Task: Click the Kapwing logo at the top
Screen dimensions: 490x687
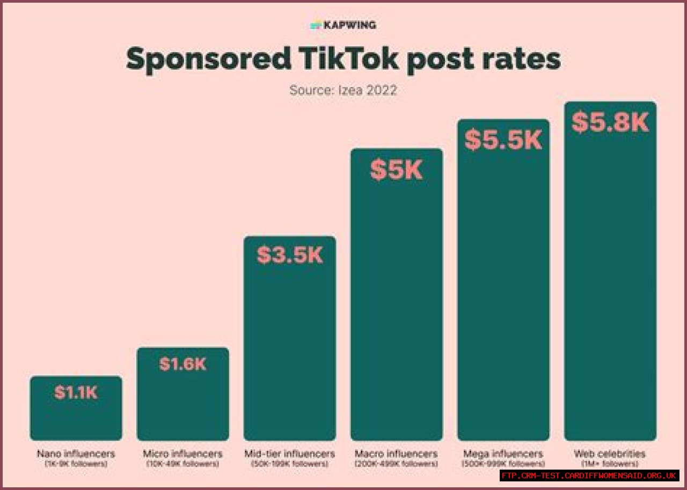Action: pos(343,25)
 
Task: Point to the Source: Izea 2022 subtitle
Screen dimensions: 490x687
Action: pos(343,90)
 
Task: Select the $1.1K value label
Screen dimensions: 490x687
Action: pos(76,392)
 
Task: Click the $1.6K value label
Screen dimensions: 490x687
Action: pos(183,364)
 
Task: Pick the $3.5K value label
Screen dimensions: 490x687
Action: pos(290,255)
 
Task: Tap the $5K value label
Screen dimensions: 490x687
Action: pos(397,170)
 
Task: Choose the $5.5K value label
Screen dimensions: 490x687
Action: pos(503,140)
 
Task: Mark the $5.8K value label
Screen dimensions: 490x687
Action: pos(610,122)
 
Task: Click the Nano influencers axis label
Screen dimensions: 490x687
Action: pos(76,454)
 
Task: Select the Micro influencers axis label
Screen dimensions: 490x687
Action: pos(182,454)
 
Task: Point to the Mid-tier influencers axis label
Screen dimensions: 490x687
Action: pos(290,454)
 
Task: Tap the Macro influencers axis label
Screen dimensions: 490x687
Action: pos(397,454)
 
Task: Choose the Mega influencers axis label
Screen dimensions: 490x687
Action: pos(503,454)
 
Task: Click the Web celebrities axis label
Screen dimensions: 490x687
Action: pos(610,454)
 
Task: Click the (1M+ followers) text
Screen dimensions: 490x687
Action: pos(610,464)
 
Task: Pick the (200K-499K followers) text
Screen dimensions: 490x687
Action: pos(397,464)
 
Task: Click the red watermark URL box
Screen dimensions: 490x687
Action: pos(589,476)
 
